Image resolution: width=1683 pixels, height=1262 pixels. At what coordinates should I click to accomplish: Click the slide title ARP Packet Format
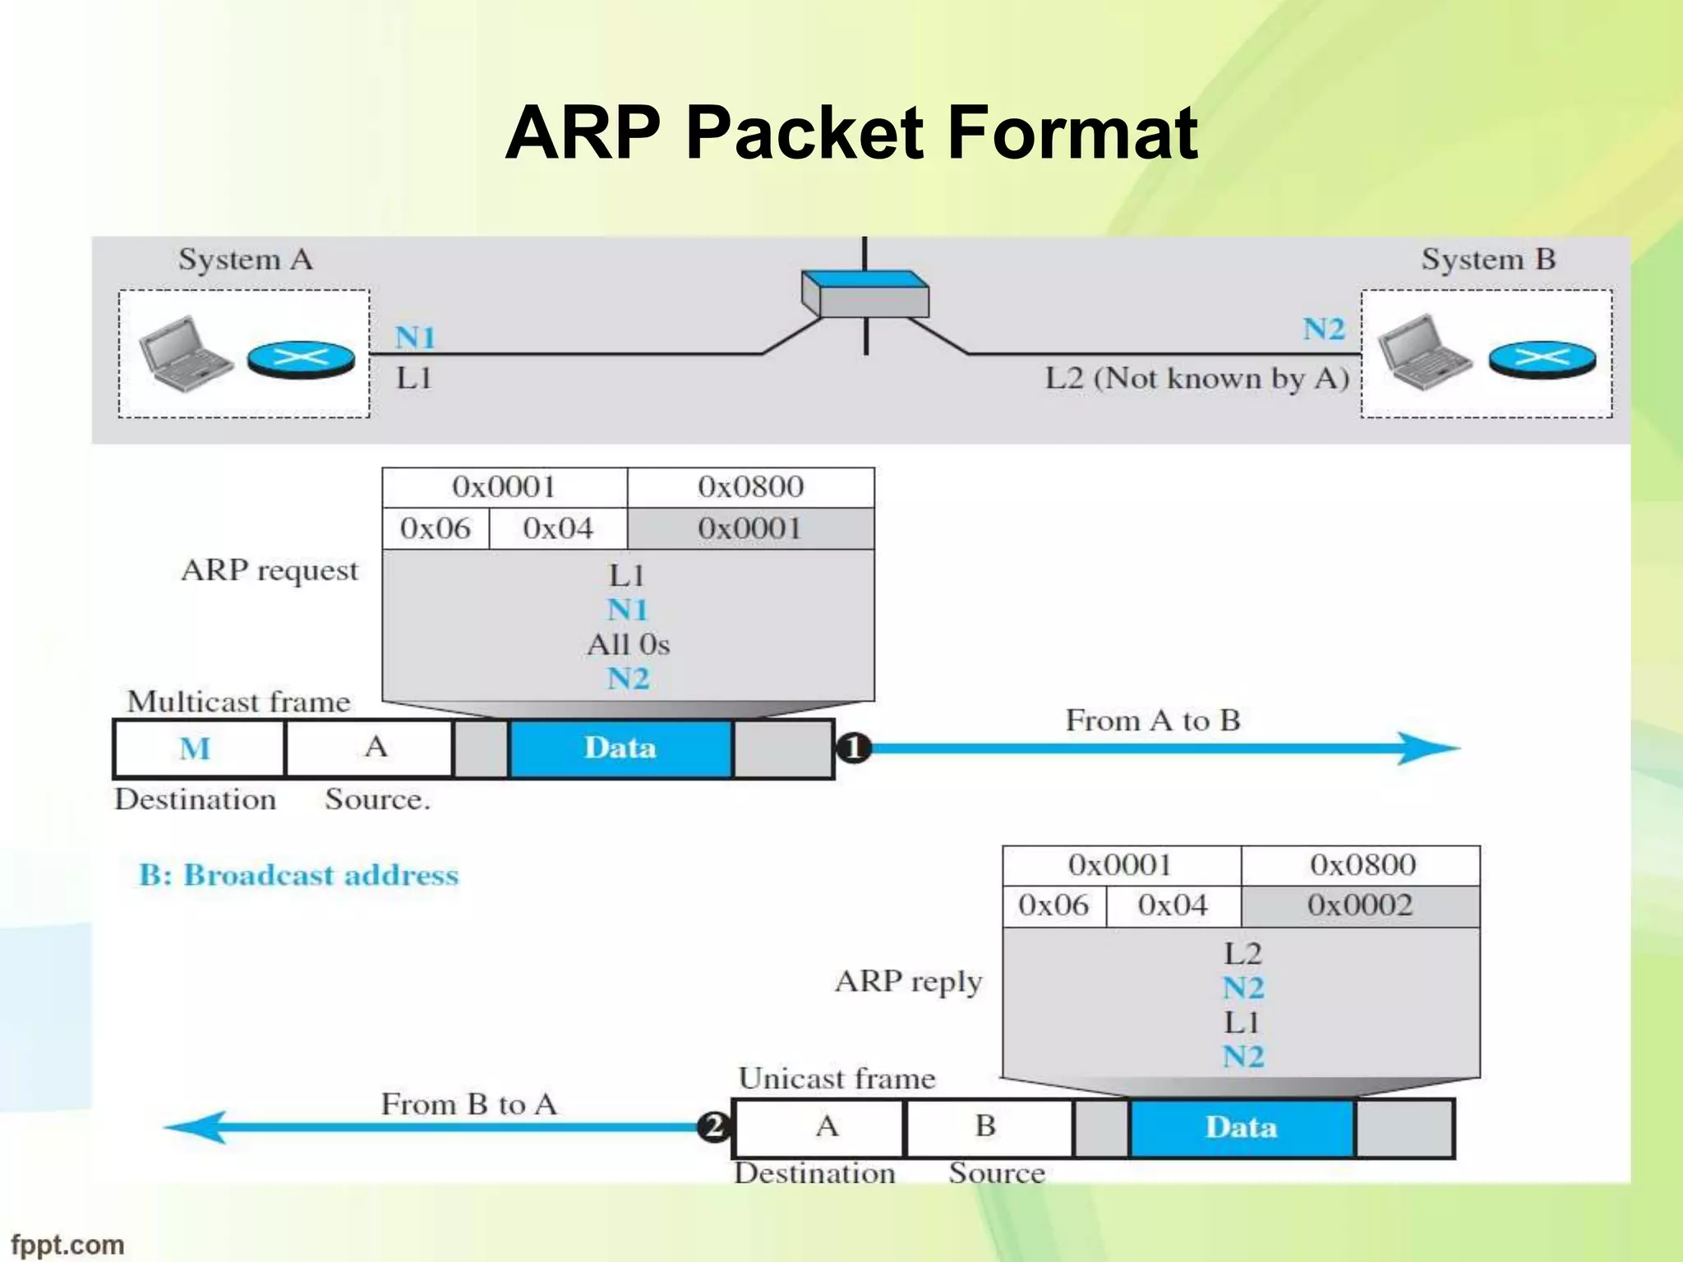tap(851, 133)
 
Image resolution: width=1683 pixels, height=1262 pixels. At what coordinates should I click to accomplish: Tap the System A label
tap(245, 260)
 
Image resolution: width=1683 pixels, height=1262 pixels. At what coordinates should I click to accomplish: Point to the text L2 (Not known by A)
tap(1197, 379)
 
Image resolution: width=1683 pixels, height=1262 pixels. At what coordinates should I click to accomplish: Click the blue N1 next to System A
tap(415, 338)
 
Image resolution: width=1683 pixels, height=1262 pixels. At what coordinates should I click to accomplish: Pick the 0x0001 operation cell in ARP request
tap(749, 528)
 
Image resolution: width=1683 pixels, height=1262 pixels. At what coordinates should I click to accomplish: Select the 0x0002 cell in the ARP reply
tap(1359, 905)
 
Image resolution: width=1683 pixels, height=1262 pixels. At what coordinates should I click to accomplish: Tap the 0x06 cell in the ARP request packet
tap(435, 528)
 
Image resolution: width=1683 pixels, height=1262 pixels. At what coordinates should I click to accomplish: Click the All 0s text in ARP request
tap(628, 644)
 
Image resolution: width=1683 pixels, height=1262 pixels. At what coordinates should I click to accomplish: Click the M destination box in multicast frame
tap(197, 748)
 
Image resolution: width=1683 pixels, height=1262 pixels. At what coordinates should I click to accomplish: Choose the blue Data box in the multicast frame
tap(620, 748)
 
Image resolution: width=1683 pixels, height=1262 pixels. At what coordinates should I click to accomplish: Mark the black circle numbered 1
tap(853, 748)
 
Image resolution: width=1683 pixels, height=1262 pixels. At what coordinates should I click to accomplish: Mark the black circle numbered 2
tap(713, 1126)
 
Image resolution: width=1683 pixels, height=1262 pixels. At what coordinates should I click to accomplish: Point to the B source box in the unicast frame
tap(986, 1126)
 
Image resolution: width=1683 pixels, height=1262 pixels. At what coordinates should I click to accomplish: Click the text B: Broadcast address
tap(298, 875)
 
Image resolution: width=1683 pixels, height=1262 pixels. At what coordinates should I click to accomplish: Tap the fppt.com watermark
tap(67, 1245)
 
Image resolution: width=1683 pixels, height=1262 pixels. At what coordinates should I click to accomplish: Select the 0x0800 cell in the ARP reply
tap(1362, 865)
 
